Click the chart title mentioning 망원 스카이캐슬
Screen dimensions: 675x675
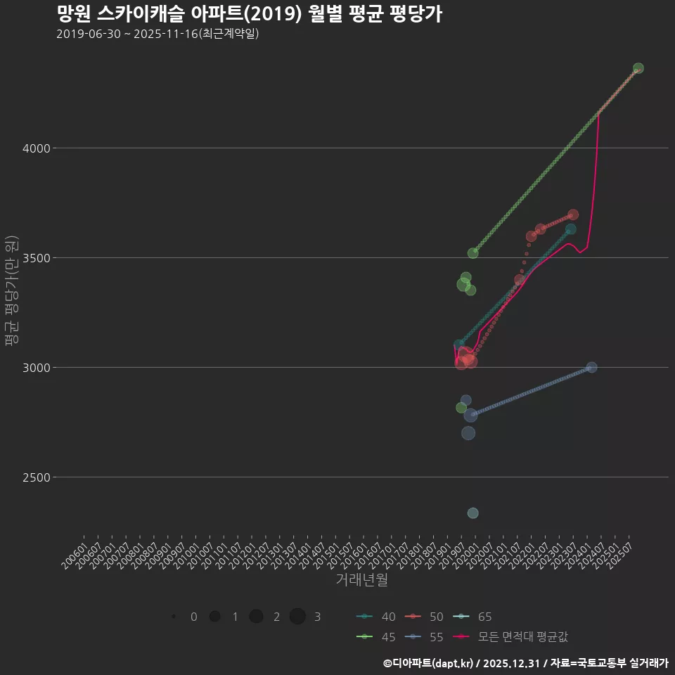249,14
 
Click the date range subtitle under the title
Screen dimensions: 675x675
157,34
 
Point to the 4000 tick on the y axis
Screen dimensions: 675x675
33,148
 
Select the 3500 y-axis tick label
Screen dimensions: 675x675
33,258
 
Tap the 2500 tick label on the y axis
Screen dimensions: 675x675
33,477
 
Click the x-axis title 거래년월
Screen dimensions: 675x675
361,579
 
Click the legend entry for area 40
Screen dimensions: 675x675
376,617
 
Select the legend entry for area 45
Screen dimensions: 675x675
376,637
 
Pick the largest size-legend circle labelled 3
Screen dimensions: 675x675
297,617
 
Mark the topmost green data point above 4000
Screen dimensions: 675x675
638,68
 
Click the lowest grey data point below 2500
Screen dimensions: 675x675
473,513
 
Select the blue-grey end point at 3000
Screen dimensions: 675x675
591,367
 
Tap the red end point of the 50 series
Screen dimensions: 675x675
573,214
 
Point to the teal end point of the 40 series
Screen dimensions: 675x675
571,229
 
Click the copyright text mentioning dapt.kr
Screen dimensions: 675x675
525,663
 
